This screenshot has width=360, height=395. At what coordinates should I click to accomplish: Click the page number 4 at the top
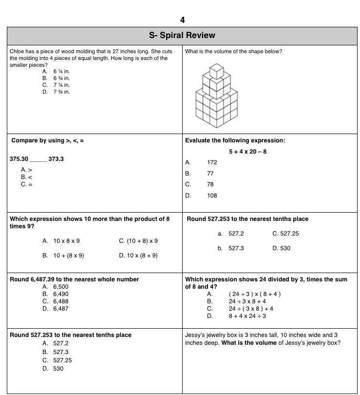coord(182,20)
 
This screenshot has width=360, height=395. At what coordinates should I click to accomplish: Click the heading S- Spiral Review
coord(182,35)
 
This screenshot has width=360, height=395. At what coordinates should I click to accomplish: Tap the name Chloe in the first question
coord(17,51)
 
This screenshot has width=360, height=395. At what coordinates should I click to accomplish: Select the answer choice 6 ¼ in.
coord(61,71)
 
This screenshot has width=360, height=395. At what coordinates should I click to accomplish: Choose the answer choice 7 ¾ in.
coord(61,92)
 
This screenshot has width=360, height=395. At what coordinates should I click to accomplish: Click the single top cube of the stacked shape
coord(216,71)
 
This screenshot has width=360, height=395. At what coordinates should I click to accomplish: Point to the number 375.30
coord(19,159)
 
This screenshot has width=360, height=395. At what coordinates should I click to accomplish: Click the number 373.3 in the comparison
coord(56,159)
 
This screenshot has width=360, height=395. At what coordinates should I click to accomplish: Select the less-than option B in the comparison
coord(26,177)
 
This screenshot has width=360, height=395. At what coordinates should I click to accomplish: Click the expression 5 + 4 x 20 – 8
coord(247,152)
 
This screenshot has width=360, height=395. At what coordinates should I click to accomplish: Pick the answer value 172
coord(212,162)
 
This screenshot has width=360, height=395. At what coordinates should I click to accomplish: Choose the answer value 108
coord(212,196)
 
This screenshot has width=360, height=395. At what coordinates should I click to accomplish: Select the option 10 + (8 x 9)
coord(68,256)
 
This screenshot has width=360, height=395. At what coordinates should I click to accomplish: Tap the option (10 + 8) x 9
coord(138,241)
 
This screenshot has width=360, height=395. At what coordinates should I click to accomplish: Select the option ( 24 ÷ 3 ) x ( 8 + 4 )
coord(254,294)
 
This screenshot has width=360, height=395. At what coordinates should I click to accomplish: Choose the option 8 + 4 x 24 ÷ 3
coord(247,316)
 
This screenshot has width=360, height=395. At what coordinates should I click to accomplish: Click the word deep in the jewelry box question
coord(192,342)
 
